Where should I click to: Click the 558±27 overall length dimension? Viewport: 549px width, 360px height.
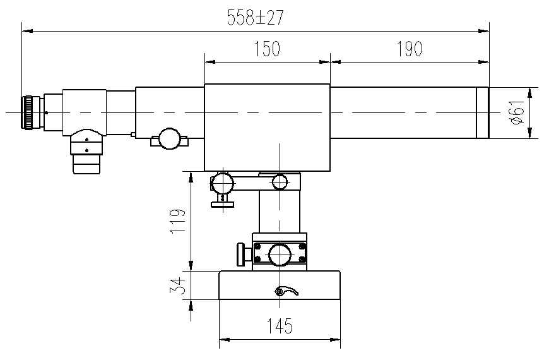255,18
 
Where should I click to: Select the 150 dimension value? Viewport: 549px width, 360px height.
267,49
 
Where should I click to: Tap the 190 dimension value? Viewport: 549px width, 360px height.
410,49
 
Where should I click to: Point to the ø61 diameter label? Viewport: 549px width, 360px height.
517,112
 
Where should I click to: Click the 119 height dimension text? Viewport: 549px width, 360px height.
177,222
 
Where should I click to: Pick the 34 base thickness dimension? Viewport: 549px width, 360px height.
177,285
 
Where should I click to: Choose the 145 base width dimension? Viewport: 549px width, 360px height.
280,326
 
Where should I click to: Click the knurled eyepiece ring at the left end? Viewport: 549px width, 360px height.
27,112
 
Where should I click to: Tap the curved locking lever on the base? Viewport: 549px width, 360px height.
286,291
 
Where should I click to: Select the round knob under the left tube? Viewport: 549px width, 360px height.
170,138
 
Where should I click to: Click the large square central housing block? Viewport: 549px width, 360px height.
267,127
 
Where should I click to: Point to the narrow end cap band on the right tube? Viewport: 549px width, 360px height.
483,112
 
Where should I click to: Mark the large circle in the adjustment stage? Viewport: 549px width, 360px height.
280,255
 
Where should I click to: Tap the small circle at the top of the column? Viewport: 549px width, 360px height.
280,181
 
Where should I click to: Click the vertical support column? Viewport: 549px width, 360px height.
280,211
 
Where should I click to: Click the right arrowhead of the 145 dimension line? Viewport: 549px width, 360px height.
336,339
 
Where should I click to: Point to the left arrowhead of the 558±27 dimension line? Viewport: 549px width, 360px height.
27,31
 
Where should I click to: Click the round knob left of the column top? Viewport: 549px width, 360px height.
222,183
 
